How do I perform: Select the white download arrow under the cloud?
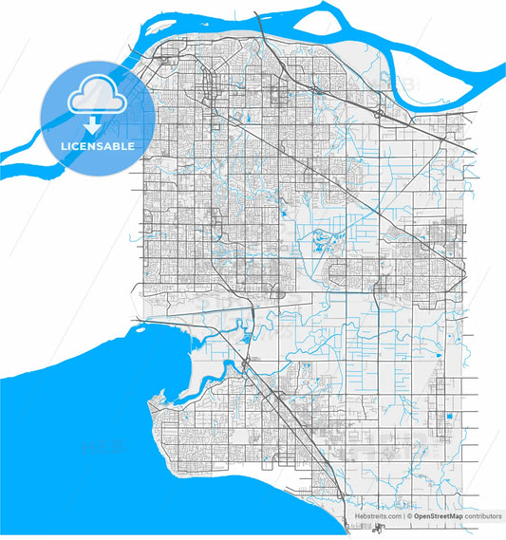click(92, 124)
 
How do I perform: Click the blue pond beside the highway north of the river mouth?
click(249, 335)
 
